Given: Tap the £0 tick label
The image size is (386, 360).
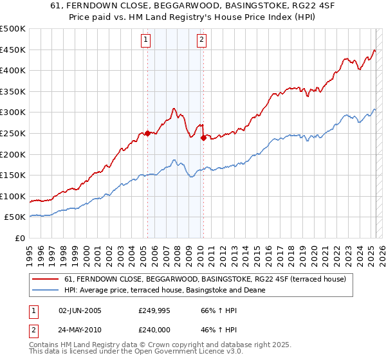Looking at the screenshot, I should tap(21, 238).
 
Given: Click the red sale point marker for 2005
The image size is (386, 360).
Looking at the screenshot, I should tap(147, 133).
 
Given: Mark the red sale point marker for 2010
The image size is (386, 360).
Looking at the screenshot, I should tap(203, 138).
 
